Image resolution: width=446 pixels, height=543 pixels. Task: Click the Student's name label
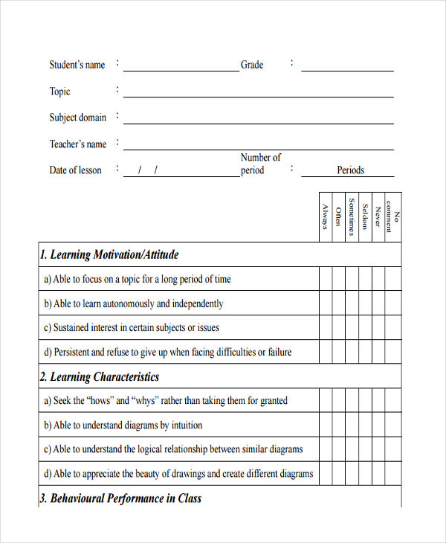(x=77, y=65)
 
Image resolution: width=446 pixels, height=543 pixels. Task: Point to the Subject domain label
(x=78, y=118)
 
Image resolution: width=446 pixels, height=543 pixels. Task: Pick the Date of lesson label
(x=75, y=170)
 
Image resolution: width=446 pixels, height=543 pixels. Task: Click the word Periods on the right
(x=350, y=170)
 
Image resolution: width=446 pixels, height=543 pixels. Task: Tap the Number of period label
(x=260, y=164)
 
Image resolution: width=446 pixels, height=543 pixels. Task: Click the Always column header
(x=326, y=216)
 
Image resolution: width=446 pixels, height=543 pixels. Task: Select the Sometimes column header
(x=352, y=216)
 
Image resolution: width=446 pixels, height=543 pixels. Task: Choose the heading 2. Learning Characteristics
(x=100, y=377)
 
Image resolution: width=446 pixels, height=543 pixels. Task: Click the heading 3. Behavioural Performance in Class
(x=120, y=498)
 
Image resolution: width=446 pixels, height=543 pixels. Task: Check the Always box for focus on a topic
(x=326, y=279)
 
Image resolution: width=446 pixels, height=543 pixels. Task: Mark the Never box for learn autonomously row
(x=378, y=303)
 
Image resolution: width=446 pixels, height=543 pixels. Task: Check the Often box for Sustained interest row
(x=338, y=328)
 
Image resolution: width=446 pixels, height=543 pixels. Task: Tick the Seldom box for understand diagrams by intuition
(x=365, y=425)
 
